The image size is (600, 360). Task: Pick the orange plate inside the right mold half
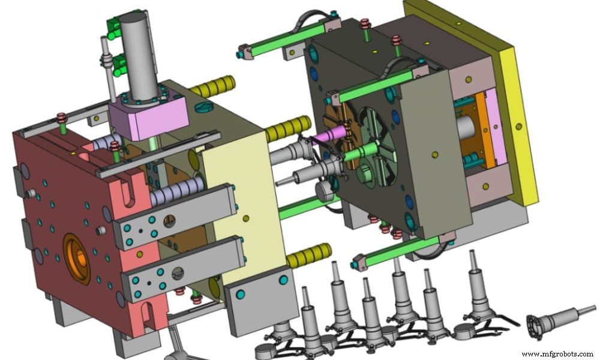[x=479, y=129]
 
